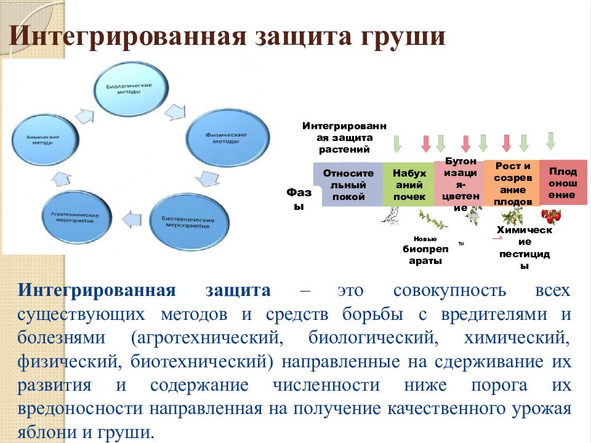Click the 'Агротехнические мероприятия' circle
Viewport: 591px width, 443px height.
point(77,218)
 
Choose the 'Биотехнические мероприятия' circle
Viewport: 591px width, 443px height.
point(188,222)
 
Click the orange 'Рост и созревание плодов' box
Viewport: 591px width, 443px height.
point(512,183)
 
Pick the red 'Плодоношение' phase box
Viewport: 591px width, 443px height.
point(563,182)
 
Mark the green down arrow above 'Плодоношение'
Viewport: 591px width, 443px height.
point(550,140)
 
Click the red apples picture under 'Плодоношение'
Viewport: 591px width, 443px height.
point(552,216)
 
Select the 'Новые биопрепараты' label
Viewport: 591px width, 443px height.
point(425,251)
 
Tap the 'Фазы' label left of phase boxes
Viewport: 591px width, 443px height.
point(299,199)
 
